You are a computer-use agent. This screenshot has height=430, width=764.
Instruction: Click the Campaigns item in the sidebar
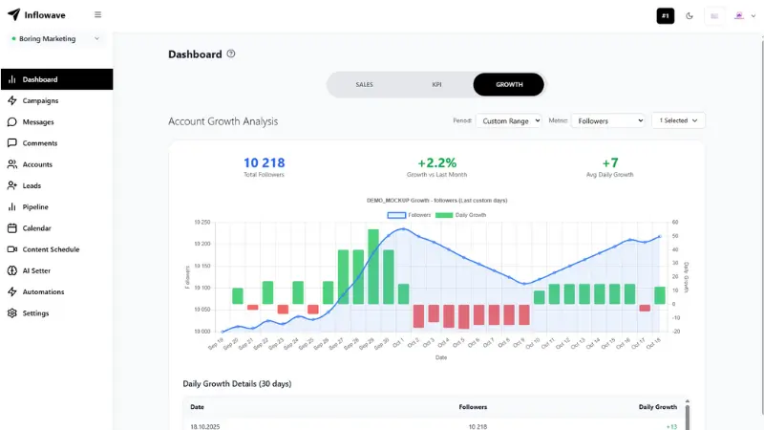click(40, 100)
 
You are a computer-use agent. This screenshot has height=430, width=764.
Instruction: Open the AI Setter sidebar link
click(36, 270)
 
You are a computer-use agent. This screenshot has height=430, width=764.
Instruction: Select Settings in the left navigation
click(35, 313)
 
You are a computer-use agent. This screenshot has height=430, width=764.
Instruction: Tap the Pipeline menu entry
click(35, 206)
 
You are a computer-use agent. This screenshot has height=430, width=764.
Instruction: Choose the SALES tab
click(364, 85)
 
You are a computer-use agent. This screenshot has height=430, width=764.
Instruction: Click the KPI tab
click(436, 85)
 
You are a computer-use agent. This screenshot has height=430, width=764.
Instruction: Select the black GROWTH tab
click(509, 85)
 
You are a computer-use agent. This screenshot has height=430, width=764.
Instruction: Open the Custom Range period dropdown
click(509, 121)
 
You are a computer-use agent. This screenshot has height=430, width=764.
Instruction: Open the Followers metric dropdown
click(609, 121)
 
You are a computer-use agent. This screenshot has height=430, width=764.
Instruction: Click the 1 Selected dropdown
click(678, 120)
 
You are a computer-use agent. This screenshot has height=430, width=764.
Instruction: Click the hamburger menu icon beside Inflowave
click(97, 15)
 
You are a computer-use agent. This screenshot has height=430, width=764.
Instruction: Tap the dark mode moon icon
click(690, 16)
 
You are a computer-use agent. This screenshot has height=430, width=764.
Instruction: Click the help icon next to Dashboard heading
click(231, 54)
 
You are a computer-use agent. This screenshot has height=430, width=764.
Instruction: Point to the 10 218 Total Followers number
click(264, 163)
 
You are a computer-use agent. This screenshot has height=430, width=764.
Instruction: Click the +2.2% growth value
click(436, 163)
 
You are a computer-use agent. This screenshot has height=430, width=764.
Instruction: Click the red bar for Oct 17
click(645, 308)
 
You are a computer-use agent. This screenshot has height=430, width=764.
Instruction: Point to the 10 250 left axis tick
click(202, 222)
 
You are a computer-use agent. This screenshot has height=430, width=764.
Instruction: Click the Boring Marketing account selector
click(55, 39)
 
